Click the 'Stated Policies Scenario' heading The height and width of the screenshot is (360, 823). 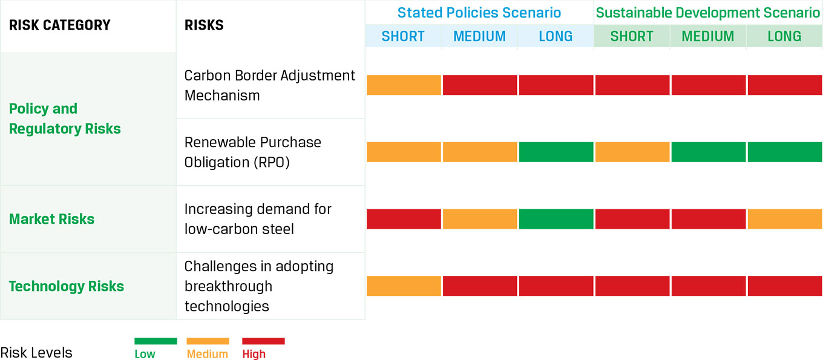479,13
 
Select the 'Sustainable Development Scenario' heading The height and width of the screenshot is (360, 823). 708,13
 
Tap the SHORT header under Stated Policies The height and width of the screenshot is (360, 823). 403,36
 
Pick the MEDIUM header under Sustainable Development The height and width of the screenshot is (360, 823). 708,36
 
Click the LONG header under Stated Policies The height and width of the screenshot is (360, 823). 556,36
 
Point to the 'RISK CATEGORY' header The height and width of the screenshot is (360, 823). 60,25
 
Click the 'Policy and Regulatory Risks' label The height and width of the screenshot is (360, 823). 65,119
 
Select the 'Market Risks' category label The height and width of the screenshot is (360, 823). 52,219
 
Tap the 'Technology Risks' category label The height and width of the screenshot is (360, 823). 67,286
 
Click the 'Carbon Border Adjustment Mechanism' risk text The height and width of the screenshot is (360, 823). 270,85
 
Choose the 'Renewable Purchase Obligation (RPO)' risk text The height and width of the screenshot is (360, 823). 253,152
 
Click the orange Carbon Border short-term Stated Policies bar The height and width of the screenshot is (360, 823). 404,85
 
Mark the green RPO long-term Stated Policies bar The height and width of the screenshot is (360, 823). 556,152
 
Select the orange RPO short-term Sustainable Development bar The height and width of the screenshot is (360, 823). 632,152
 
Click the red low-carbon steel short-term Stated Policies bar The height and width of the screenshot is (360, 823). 404,219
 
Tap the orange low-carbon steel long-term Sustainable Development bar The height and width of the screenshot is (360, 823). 785,219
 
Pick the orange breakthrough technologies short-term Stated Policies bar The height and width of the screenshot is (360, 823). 404,286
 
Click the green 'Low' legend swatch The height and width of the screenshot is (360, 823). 156,341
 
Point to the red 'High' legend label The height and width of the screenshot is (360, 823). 254,355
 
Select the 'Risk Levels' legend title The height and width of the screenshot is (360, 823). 36,353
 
